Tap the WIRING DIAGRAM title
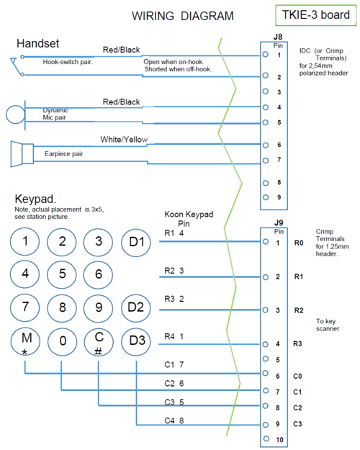coord(182,16)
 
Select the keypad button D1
coord(136,241)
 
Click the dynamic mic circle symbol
coord(15,114)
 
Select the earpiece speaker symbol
coord(22,153)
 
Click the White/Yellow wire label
coord(124,139)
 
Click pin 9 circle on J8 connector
coord(266,197)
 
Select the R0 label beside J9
coord(299,243)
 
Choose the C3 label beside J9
coord(298,423)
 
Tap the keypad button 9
coord(99,306)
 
